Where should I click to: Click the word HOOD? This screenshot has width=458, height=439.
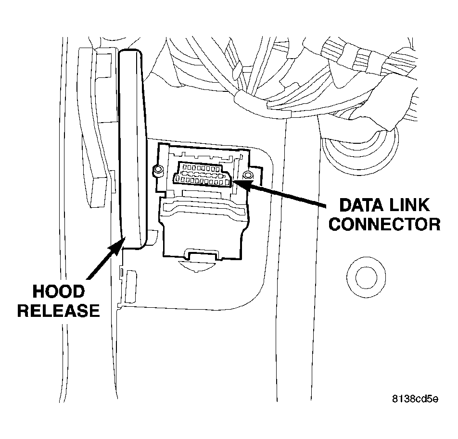tap(58, 291)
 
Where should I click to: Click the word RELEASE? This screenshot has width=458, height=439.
tap(58, 310)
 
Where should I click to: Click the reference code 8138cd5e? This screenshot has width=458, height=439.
tap(414, 399)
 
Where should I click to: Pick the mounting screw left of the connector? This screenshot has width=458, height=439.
tap(156, 170)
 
